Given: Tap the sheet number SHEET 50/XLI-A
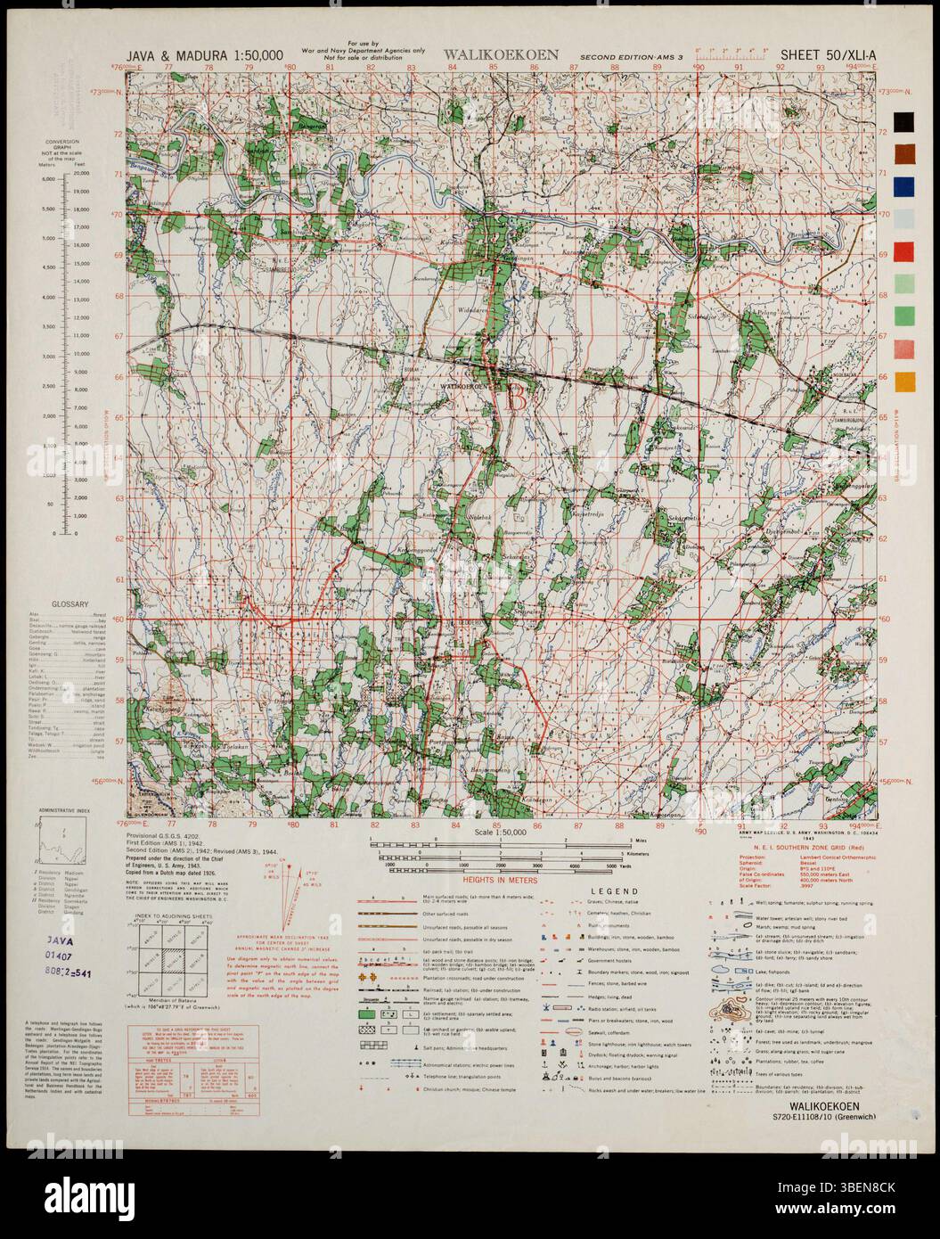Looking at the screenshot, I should click(x=825, y=54).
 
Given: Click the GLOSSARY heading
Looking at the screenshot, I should click(x=72, y=604).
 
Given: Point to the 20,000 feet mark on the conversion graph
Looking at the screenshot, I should click(x=81, y=173).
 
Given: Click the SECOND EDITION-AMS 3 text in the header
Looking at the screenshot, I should click(x=631, y=56).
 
